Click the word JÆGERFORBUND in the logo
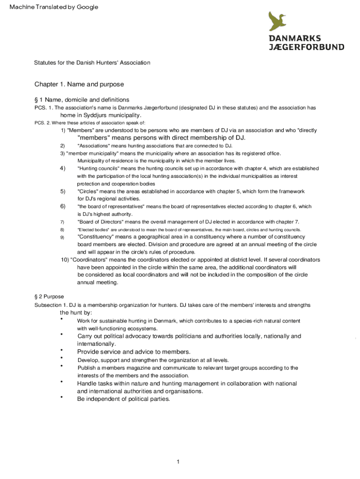coord(306,47)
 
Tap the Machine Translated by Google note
coord(50,7)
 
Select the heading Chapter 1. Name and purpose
coord(79,85)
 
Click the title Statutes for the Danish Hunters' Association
coord(92,62)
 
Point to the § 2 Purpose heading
coord(49,297)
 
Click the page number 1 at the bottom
coord(178,462)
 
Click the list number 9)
coord(62,238)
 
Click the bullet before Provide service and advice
coord(61,350)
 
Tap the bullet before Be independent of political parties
coord(61,397)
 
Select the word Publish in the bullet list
coord(87,368)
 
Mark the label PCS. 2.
coord(42,123)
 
